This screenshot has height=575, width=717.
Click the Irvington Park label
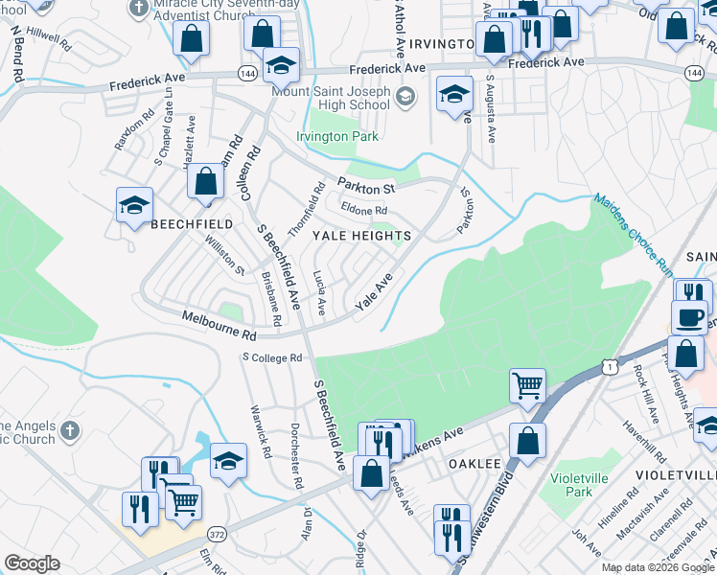click(x=336, y=137)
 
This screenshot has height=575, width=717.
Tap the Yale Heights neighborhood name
click(x=360, y=236)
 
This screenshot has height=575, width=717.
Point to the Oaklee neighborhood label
click(x=475, y=464)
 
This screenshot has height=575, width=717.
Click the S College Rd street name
click(x=271, y=358)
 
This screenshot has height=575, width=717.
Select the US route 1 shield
click(x=607, y=366)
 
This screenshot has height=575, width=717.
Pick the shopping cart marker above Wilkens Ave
click(x=527, y=385)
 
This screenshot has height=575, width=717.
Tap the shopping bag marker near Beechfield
click(x=206, y=181)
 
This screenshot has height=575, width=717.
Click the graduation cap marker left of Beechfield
click(x=135, y=203)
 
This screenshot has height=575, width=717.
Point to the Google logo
click(x=33, y=563)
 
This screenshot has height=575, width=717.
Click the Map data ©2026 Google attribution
click(x=659, y=567)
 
